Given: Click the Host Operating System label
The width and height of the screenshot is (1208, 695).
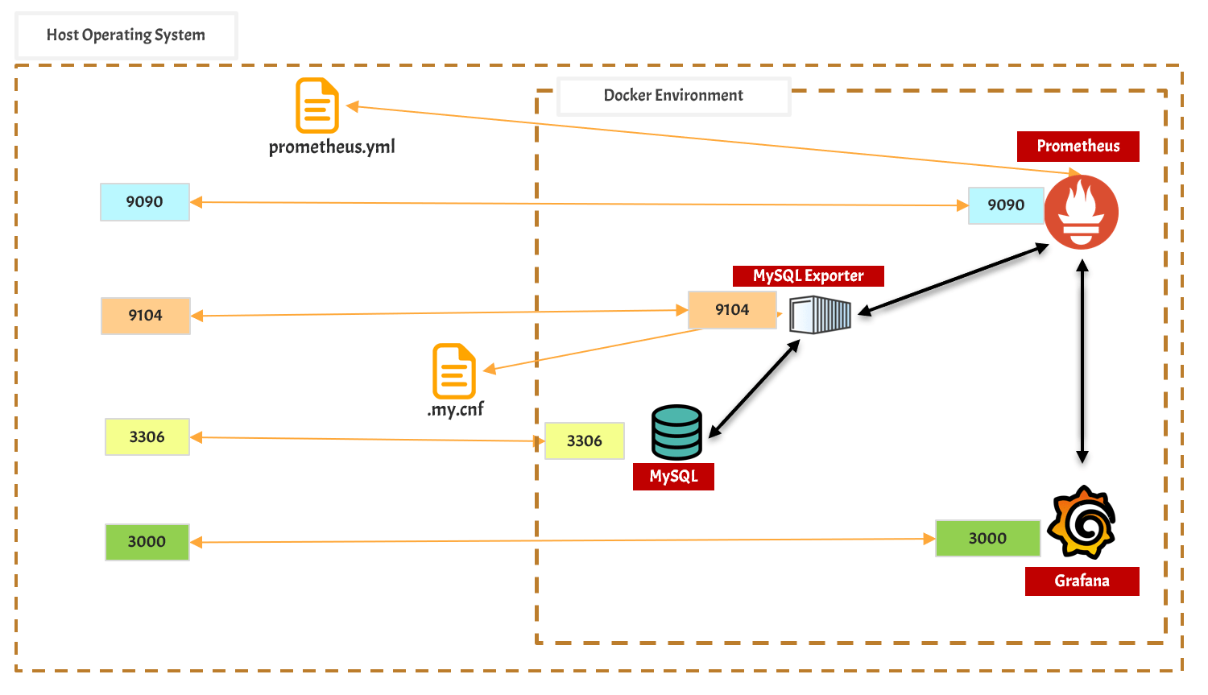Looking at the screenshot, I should click(x=126, y=35).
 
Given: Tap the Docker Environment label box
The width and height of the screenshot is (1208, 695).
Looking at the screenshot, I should click(x=673, y=96).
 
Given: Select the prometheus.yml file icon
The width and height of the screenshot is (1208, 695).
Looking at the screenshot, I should click(x=316, y=105).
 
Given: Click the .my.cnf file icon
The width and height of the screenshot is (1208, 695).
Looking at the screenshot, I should click(x=454, y=371).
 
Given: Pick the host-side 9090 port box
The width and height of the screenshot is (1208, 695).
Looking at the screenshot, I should click(x=145, y=202).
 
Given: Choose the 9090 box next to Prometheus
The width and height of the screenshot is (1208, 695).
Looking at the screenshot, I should click(x=1006, y=205).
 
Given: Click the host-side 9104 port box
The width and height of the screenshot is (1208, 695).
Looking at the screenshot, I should click(x=146, y=316).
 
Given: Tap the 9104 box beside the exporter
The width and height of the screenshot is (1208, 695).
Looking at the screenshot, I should click(x=732, y=310).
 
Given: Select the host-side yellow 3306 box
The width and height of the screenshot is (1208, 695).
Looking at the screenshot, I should click(x=147, y=437).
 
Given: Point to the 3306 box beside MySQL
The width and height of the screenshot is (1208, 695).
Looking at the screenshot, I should click(x=585, y=441).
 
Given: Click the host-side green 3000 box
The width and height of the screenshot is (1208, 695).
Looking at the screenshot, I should click(x=147, y=542).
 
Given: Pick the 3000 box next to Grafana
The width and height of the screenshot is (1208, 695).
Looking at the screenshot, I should click(x=987, y=539).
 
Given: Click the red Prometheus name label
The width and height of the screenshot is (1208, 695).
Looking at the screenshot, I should click(x=1078, y=147).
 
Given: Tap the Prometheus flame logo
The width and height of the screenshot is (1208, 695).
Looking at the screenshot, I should click(x=1081, y=212).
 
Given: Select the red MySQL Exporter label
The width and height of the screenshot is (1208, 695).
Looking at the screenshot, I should click(x=808, y=276).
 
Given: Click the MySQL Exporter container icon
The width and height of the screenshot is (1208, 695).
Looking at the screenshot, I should click(x=820, y=315).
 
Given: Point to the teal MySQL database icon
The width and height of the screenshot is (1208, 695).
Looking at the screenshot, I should click(x=676, y=432).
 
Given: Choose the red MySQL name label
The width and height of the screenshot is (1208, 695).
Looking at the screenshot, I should click(x=673, y=477).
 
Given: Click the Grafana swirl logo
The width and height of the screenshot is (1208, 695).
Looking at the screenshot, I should click(x=1082, y=523).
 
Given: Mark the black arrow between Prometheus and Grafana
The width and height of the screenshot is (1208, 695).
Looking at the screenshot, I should click(x=1082, y=362).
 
